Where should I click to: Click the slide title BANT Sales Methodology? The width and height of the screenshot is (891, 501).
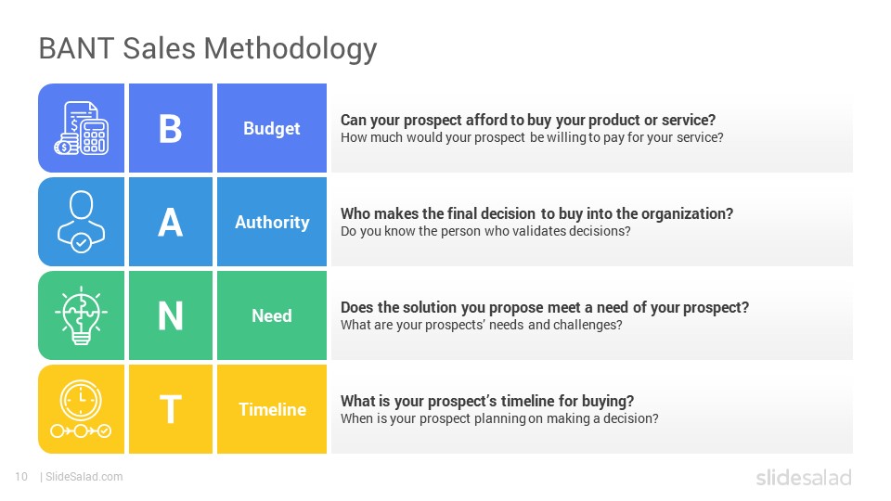point(208,49)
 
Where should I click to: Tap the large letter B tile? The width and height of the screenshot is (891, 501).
point(171,128)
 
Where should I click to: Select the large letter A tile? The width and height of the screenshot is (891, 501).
point(171,222)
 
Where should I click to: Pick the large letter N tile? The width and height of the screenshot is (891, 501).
point(171,315)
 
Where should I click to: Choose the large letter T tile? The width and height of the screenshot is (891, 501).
point(171,409)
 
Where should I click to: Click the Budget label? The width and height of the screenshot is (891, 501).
point(272,129)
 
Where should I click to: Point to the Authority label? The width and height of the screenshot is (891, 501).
point(272,222)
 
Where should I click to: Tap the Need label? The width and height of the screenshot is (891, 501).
point(272,315)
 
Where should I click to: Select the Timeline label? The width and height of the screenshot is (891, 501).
point(272,409)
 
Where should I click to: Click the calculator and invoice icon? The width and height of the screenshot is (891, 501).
point(82,128)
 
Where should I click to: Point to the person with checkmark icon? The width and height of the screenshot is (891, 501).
point(82,222)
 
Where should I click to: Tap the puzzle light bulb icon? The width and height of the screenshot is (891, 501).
point(82,315)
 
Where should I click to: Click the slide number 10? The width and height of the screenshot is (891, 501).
point(21,477)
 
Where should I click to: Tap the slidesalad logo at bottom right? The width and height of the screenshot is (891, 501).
point(804,477)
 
